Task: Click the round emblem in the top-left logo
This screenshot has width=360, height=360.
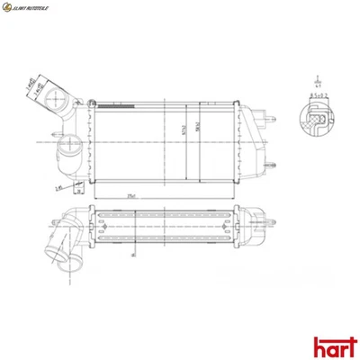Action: click(x=9, y=9)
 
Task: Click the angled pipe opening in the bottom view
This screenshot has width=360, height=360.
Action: click(x=63, y=257)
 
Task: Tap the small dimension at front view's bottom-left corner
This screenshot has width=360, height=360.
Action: click(x=58, y=187)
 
